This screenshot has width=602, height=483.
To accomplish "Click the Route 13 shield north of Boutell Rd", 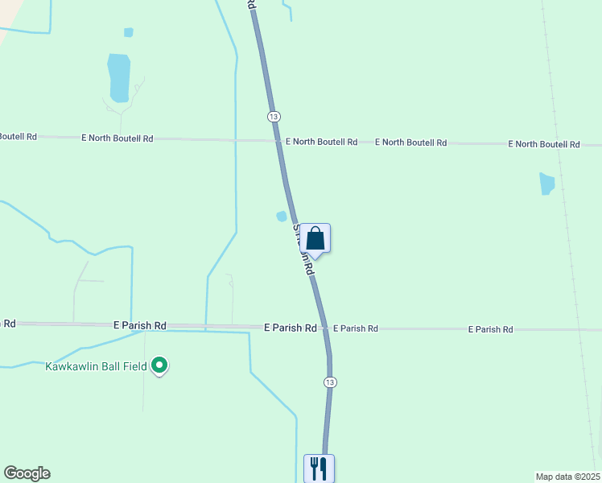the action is [x=274, y=117].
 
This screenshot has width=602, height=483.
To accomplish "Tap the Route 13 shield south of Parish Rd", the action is [x=329, y=382].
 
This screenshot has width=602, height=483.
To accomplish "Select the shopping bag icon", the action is [x=315, y=239].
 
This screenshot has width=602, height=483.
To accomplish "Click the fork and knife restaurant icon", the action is [x=319, y=468].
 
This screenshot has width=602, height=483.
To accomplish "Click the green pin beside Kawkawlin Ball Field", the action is [x=159, y=366].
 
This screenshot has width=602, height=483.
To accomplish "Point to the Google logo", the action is [x=27, y=473].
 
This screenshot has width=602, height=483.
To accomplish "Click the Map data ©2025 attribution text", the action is [x=567, y=477].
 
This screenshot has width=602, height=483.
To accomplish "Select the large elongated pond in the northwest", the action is [x=118, y=77].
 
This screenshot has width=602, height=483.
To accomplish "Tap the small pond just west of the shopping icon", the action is [x=282, y=217].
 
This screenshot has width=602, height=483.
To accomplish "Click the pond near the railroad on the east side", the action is [x=547, y=184].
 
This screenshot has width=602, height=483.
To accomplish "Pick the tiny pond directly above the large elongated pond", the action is [x=128, y=32].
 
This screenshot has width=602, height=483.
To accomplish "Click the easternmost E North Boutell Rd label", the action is [x=544, y=144].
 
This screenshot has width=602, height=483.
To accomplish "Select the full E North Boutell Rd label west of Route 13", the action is [x=118, y=138].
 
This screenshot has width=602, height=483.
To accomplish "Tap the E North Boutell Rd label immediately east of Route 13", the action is [x=321, y=142].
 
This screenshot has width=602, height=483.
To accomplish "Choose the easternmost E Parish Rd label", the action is [x=491, y=329].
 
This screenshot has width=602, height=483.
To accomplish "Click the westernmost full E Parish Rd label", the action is [x=140, y=325].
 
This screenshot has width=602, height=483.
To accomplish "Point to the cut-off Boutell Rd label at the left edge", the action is [x=18, y=137].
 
